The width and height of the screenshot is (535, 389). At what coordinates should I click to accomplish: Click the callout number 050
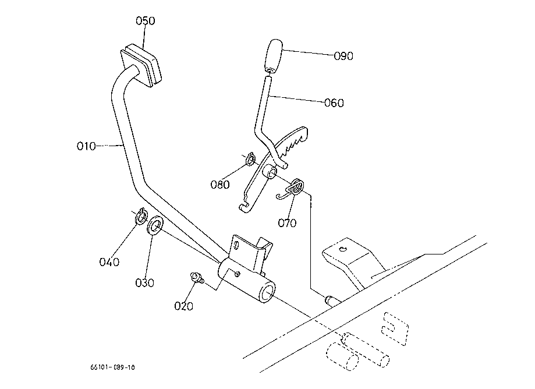pos(146,21)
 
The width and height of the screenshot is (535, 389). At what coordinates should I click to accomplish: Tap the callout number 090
pos(343,56)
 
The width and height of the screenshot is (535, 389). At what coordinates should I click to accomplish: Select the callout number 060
pos(334,102)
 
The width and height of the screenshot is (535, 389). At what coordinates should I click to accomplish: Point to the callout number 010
pos(86,146)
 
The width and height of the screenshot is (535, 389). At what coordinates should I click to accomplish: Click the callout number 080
pos(220,185)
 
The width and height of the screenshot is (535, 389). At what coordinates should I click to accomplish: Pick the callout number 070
pos(287,223)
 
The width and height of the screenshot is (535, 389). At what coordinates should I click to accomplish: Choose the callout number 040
pos(109,262)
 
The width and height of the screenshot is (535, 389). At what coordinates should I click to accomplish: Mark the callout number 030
pos(145,283)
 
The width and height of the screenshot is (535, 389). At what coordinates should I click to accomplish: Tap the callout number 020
pos(183,306)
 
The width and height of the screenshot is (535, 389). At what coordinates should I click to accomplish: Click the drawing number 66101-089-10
pos(112,367)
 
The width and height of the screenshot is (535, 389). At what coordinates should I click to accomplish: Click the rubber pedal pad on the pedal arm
pos(141,65)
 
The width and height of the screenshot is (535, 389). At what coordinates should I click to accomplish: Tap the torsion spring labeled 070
pos(291,189)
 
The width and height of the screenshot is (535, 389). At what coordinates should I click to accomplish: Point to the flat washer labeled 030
pos(155,225)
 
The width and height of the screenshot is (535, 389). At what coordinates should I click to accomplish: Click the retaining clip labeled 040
pos(141,216)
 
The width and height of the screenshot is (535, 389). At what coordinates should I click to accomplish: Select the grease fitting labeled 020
pos(197,277)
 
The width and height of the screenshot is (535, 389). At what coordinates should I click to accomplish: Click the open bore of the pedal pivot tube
pos(268,295)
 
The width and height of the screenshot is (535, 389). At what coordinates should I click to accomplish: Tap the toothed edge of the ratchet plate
pos(293,143)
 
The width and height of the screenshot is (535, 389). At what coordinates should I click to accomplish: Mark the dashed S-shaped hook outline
pos(395,328)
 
